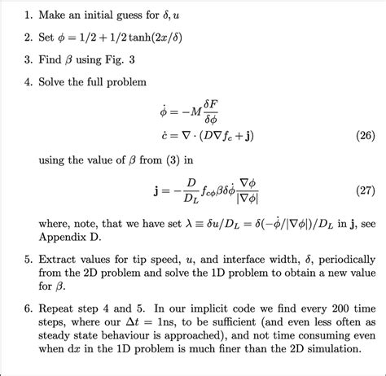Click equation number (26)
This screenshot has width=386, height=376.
pos(357,135)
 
